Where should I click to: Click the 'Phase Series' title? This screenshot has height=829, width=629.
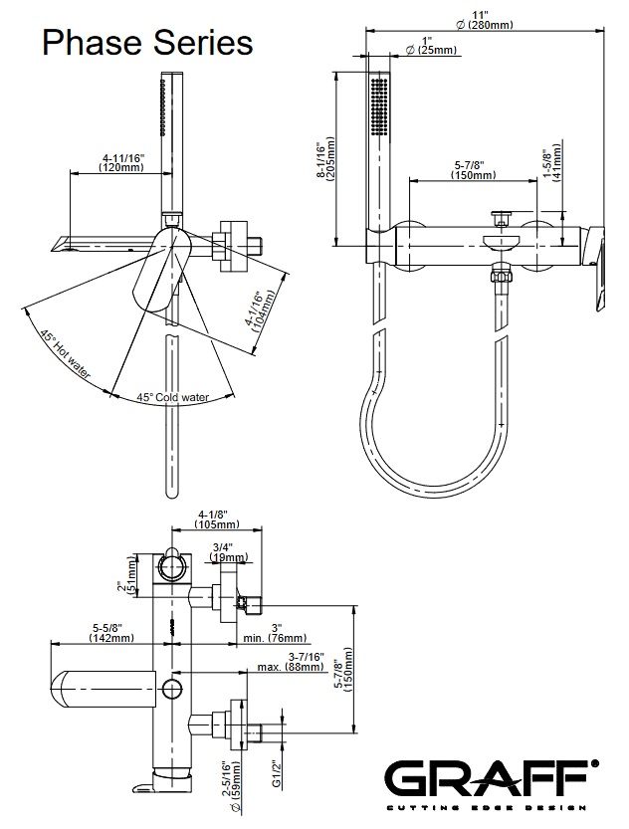[x=145, y=42]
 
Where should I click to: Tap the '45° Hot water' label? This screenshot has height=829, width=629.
[x=66, y=356]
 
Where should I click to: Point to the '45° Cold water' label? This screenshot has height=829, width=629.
[x=173, y=397]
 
